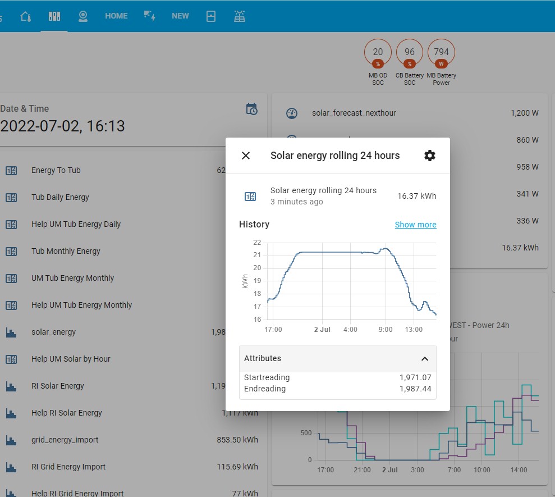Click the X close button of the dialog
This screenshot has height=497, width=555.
246,156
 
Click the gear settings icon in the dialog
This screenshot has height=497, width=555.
429,156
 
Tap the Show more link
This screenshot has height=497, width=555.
415,225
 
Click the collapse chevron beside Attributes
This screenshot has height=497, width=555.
425,359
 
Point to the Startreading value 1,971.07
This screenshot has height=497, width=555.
415,377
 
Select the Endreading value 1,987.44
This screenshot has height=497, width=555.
415,389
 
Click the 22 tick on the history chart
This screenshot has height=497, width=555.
257,243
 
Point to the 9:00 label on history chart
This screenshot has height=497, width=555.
386,330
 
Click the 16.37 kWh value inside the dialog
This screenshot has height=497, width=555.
416,196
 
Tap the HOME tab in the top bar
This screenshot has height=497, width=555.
116,16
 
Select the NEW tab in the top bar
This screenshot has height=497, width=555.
180,16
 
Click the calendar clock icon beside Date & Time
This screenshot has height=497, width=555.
252,109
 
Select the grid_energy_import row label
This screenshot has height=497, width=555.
65,440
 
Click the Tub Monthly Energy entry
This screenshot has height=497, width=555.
66,251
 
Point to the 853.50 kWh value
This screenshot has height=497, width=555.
237,440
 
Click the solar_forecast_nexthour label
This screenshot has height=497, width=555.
354,113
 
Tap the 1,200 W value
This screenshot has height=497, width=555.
524,113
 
